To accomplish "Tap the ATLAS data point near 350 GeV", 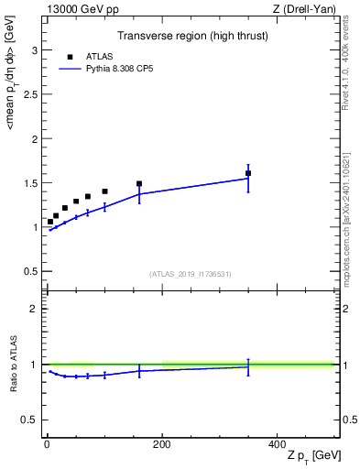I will [x=248, y=173].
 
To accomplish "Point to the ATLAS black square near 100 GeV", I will [x=104, y=191].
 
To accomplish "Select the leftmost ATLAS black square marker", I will [x=50, y=222].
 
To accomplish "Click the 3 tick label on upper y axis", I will [x=36, y=50].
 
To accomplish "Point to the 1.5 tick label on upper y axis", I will [x=32, y=183].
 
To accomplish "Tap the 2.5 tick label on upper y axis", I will [x=32, y=95].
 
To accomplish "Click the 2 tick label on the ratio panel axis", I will [x=36, y=309].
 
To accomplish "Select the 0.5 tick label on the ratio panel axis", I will [x=32, y=420].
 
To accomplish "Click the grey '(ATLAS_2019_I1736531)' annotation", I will [x=191, y=274].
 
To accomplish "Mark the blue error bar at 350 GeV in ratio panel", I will [x=248, y=366].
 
